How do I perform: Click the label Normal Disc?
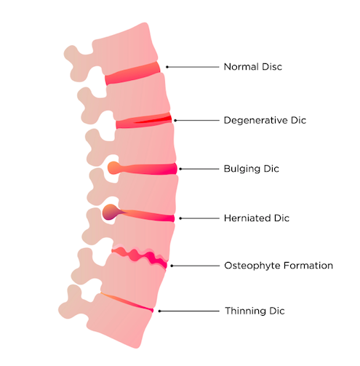253,67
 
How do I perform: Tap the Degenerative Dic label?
265,120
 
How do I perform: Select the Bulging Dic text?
252,169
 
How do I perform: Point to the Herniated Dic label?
257,218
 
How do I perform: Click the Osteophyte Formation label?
279,266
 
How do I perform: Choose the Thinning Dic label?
255,311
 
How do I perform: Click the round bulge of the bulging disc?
113,168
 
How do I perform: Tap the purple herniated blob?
111,212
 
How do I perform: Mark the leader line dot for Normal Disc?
167,67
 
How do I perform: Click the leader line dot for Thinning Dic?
159,311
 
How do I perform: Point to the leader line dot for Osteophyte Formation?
172,266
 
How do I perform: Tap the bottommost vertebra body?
119,320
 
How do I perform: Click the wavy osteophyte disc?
140,257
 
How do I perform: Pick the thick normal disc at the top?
133,73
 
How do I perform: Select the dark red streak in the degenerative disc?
155,120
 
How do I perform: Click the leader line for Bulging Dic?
199,169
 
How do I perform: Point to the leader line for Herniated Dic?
199,218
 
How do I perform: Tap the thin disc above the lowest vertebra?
127,303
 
